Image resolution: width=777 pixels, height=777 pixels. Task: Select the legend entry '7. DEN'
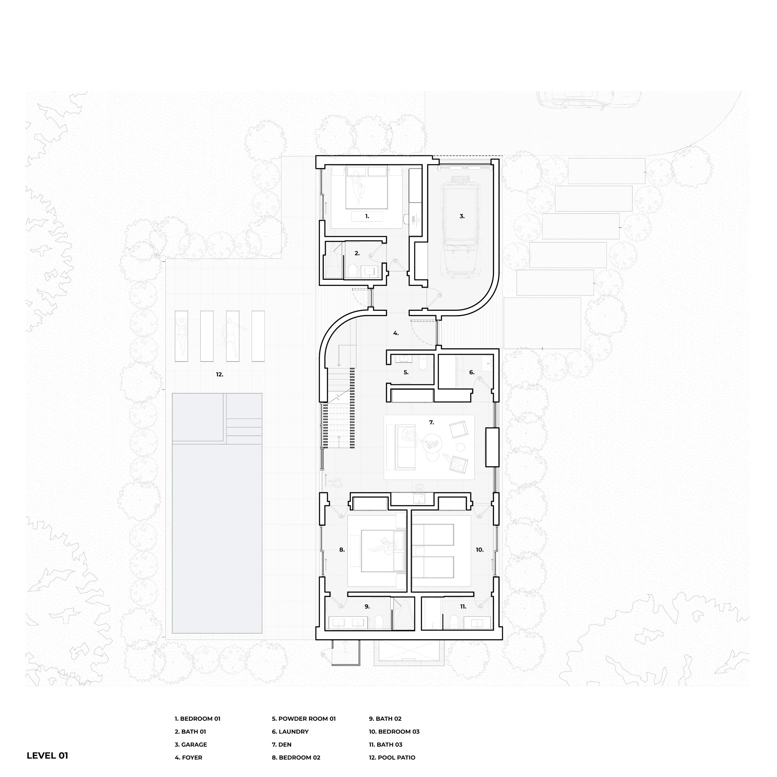pos(282,745)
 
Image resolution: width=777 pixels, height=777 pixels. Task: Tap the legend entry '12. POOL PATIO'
pos(392,757)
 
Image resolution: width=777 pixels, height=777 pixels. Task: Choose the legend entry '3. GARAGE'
pos(191,745)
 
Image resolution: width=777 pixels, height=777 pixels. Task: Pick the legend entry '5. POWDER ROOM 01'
pos(304,719)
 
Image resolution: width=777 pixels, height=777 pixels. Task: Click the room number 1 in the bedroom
pos(367,216)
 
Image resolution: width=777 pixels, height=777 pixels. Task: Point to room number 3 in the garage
pos(462,216)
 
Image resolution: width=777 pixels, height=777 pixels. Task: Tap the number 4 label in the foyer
pos(396,333)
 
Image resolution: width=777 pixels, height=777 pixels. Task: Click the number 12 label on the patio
pos(219,375)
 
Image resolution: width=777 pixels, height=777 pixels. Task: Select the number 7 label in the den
pos(432,422)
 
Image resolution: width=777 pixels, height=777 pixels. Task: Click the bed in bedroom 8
pos(382,551)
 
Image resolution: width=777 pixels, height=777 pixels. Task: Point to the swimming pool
pos(217,513)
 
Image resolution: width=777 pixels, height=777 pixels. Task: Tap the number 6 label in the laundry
pos(472,372)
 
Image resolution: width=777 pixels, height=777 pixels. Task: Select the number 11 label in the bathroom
pos(463,606)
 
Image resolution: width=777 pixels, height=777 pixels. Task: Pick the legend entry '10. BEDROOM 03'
pos(394,731)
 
